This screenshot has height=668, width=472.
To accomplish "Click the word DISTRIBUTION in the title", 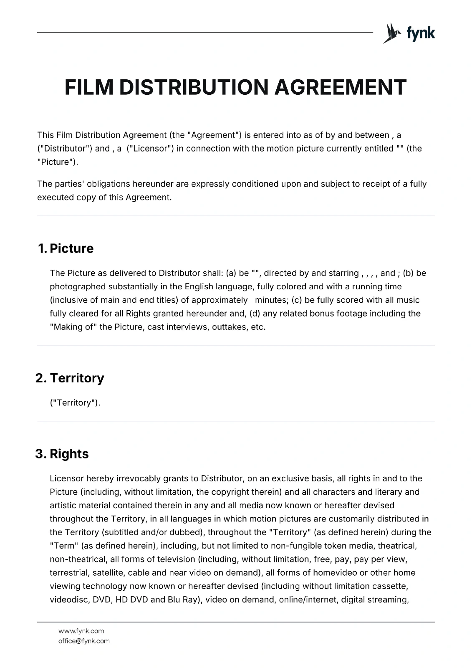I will tap(195, 87).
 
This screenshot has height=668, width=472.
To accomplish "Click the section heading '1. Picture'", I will tap(66, 248).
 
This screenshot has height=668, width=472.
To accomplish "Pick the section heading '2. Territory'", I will tap(70, 378).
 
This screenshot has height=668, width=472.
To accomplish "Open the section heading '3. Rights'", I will tap(62, 454).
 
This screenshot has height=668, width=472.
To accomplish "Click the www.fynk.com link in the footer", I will tap(81, 631).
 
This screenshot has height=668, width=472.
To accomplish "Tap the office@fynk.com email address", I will tap(84, 641).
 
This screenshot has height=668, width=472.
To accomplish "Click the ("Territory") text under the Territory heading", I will tap(75, 403).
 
